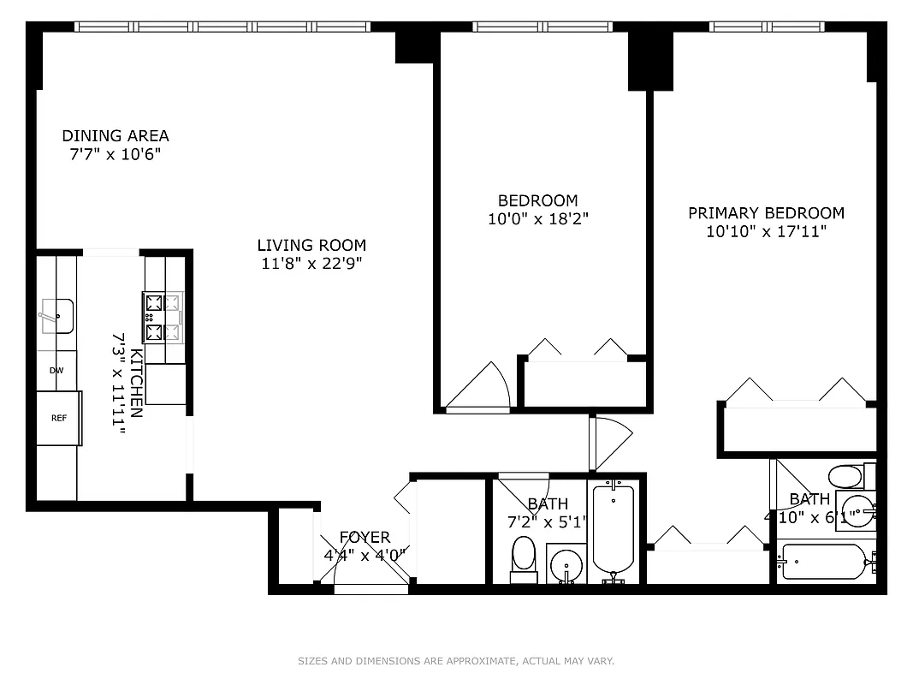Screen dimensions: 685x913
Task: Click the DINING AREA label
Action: click(116, 135)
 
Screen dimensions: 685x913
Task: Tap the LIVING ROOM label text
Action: click(311, 245)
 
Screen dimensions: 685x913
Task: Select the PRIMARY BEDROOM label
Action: click(766, 212)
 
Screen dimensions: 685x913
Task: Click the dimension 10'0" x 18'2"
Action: click(538, 219)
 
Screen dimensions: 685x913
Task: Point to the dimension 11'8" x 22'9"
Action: click(311, 264)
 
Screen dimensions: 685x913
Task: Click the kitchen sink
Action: click(56, 315)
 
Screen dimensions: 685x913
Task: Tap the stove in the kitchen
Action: click(163, 317)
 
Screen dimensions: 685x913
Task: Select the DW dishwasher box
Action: click(56, 371)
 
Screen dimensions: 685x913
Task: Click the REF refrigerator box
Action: click(58, 418)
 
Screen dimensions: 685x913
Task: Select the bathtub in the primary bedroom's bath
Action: click(824, 563)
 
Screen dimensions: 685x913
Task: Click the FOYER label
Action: click(365, 538)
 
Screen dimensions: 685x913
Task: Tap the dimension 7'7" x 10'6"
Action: click(116, 154)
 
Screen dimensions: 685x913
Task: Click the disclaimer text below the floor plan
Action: click(456, 661)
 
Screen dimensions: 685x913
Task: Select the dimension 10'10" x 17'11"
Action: click(766, 231)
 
